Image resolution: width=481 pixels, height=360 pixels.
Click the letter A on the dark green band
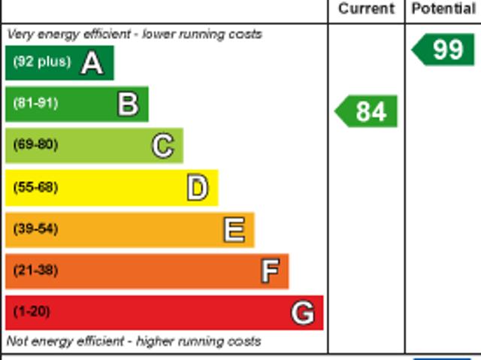tap(92, 63)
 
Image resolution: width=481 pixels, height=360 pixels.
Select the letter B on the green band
tap(128, 104)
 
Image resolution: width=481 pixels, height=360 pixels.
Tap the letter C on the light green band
tap(163, 146)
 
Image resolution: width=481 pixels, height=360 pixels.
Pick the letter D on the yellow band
tap(198, 188)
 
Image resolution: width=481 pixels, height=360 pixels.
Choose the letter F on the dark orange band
tap(270, 271)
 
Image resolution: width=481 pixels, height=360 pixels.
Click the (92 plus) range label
tap(42, 62)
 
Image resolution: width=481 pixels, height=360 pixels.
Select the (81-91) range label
tap(35, 104)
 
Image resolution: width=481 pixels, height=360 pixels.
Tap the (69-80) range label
tap(35, 145)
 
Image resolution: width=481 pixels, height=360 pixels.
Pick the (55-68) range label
tap(35, 187)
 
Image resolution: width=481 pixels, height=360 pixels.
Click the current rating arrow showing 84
tap(367, 111)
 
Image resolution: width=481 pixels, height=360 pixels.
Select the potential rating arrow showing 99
tap(444, 50)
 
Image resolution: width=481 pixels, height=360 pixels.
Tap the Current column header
tap(366, 9)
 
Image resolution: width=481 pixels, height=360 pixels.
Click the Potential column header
tap(443, 9)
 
